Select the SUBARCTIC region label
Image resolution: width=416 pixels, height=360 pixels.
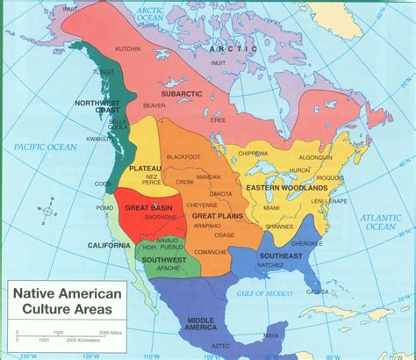182,91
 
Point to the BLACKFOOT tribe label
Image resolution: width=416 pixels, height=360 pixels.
183,156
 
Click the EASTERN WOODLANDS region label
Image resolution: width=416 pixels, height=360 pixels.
286,188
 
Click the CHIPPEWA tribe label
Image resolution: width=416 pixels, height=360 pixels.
252,152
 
